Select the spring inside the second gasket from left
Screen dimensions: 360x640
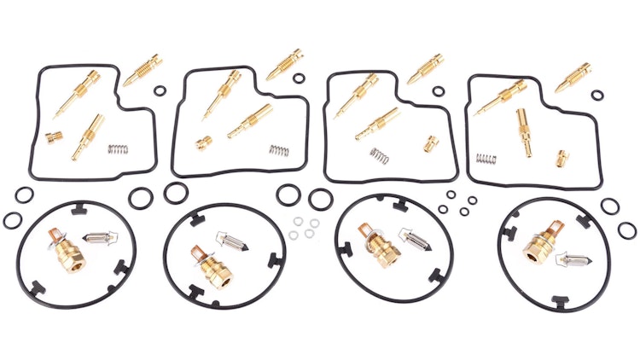pyautogui.click(x=279, y=150)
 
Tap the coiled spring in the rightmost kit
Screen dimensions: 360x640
pyautogui.click(x=486, y=160)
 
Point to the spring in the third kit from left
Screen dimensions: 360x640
pyautogui.click(x=379, y=154)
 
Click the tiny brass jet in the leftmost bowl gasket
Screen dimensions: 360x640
pyautogui.click(x=54, y=136)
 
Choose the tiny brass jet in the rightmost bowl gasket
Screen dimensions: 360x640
pyautogui.click(x=562, y=158)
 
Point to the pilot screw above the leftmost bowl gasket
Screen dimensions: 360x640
pyautogui.click(x=143, y=71)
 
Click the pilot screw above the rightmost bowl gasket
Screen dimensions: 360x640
pyautogui.click(x=573, y=77)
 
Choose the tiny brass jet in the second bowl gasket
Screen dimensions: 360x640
pyautogui.click(x=204, y=142)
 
